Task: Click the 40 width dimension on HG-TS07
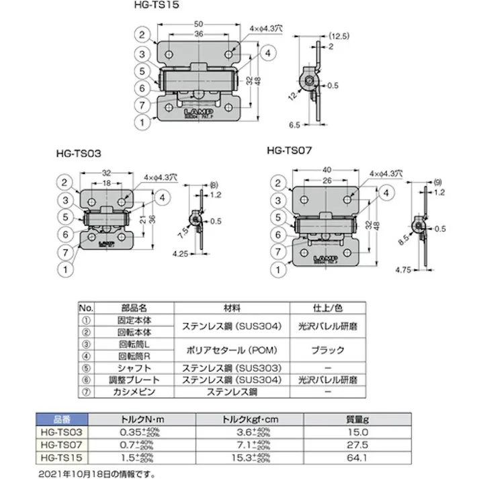(326, 170)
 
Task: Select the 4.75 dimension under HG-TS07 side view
(402, 271)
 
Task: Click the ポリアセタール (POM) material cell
(232, 350)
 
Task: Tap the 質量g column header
(367, 419)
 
